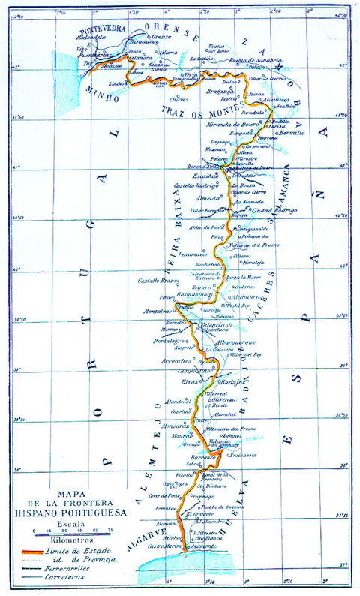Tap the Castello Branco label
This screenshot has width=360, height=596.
click(x=157, y=281)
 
